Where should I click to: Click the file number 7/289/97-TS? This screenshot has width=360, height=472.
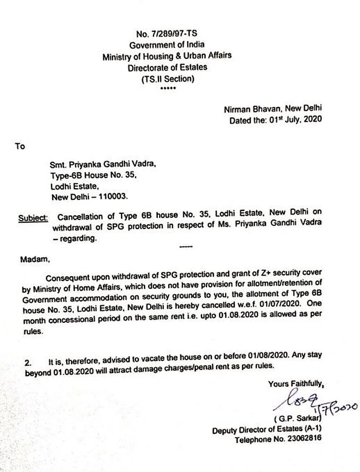[173, 34]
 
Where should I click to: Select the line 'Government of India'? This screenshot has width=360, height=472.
[167, 45]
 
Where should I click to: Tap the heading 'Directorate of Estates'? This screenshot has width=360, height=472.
[168, 67]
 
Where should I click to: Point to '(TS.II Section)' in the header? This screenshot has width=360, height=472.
[167, 79]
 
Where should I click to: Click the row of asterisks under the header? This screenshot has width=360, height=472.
[168, 88]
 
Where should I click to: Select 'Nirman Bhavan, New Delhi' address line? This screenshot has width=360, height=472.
[273, 109]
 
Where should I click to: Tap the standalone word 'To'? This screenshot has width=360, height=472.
[20, 146]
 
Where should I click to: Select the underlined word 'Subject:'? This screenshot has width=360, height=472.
[33, 219]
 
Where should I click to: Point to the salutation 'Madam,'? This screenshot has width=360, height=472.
[32, 259]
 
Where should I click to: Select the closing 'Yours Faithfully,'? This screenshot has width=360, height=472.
[295, 384]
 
